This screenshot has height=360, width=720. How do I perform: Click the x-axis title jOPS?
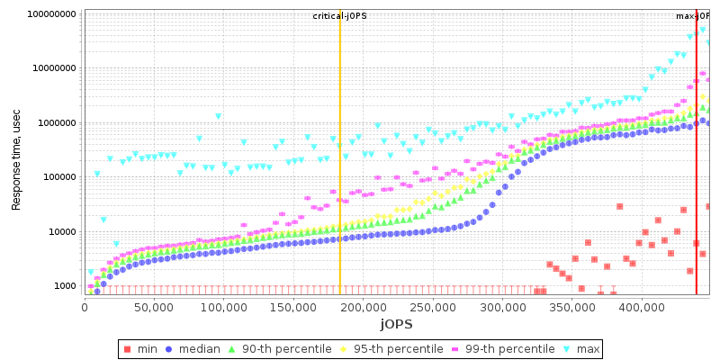(396, 323)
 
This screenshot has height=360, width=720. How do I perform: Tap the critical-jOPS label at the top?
(339, 16)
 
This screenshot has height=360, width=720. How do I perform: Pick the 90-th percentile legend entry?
(277, 349)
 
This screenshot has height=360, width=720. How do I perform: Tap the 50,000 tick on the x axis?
(154, 307)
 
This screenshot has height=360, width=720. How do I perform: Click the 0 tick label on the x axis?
(85, 307)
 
